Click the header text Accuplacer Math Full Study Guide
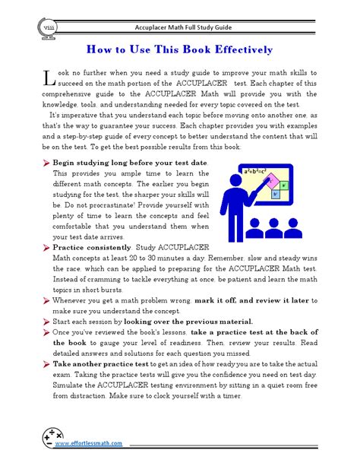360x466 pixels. [x=180, y=24]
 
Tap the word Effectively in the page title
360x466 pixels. [x=232, y=50]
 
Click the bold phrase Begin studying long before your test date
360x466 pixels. [x=129, y=163]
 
